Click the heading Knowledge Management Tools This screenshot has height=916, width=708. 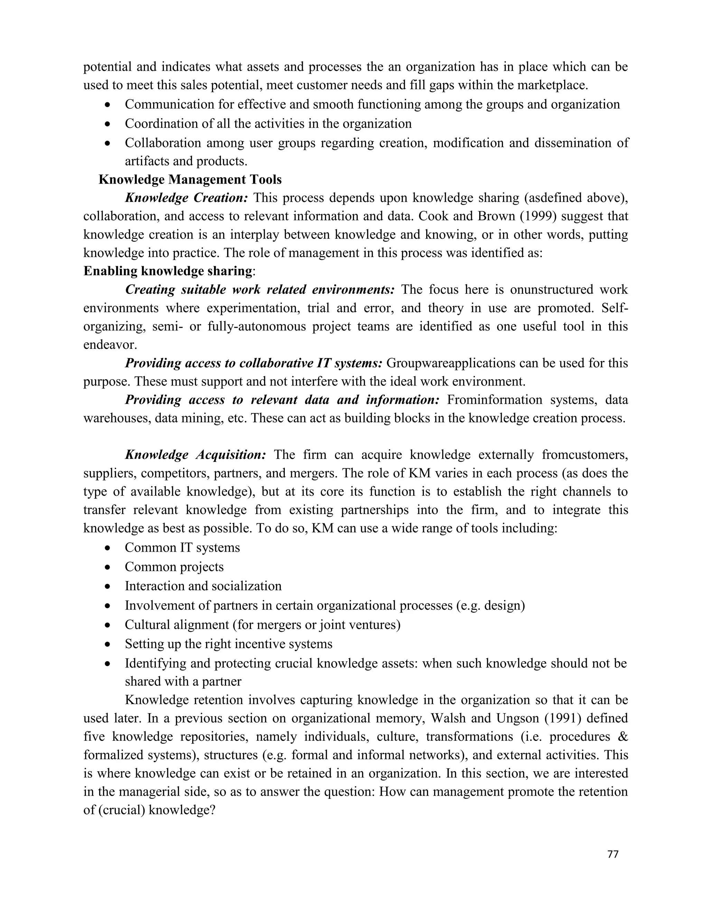(x=190, y=179)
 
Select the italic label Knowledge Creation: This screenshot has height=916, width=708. (x=187, y=198)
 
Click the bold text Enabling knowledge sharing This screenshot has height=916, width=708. (x=168, y=271)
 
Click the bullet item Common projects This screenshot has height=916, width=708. (x=174, y=567)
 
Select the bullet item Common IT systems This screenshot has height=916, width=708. (x=182, y=548)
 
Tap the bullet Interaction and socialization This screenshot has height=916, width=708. (x=203, y=586)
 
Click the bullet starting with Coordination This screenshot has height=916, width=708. (x=268, y=124)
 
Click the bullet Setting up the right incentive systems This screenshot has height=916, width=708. (x=228, y=644)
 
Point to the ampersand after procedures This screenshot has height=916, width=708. (x=622, y=737)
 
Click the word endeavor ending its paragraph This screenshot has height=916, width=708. (x=110, y=345)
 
